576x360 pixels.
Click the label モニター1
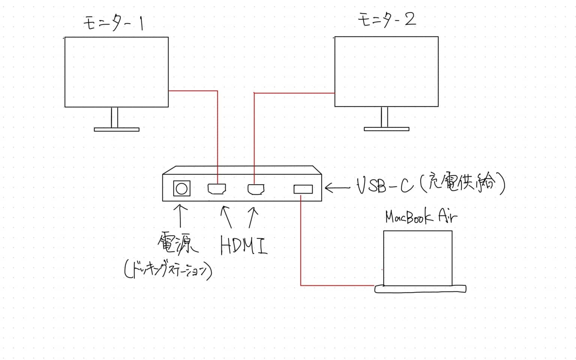click(114, 23)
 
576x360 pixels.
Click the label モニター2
click(387, 19)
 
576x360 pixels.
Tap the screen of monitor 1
click(116, 72)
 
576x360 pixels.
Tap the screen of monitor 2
click(386, 71)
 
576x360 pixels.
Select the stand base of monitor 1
click(116, 130)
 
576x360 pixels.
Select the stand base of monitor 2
click(386, 129)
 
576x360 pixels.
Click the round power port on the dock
click(181, 189)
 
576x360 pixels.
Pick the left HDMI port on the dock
click(217, 189)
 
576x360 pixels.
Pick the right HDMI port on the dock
click(256, 189)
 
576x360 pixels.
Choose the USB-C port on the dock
click(303, 189)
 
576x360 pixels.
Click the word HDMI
click(244, 246)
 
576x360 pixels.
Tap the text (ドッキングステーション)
click(168, 270)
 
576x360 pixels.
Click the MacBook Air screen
click(417, 258)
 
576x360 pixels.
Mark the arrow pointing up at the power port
click(181, 216)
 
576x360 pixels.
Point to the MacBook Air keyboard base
click(420, 289)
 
